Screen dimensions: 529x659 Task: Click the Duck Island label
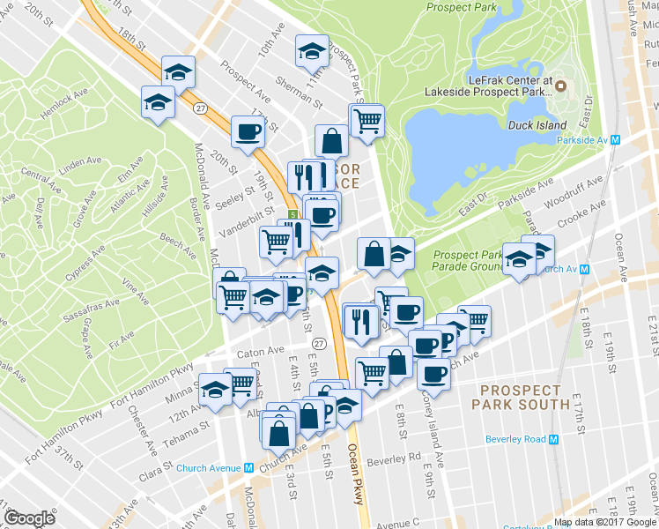coord(537,125)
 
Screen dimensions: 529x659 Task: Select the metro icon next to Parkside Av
coord(616,140)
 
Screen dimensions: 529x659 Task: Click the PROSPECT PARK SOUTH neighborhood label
coord(521,397)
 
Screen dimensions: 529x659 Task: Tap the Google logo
coord(30,518)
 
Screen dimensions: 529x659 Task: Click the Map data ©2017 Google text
coord(604,522)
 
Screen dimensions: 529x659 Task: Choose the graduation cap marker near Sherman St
coord(312,52)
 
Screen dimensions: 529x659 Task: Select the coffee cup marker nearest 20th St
coord(248,132)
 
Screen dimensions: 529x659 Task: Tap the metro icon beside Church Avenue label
coord(249,468)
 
